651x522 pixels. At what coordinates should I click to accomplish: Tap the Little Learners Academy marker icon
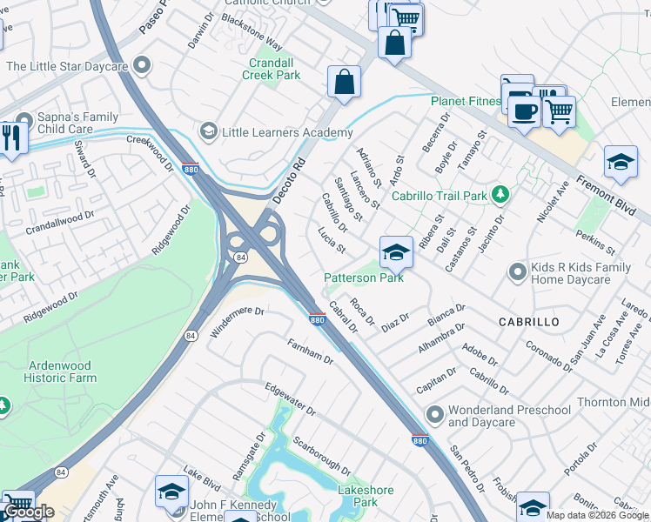207,132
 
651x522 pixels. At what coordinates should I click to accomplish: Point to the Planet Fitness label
466,101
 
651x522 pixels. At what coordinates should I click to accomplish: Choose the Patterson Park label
364,278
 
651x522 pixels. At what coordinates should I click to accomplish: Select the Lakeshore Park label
358,496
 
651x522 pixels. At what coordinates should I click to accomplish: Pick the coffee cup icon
525,110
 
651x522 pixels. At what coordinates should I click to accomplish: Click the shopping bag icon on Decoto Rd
345,82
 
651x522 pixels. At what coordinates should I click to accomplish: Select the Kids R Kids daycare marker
517,272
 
